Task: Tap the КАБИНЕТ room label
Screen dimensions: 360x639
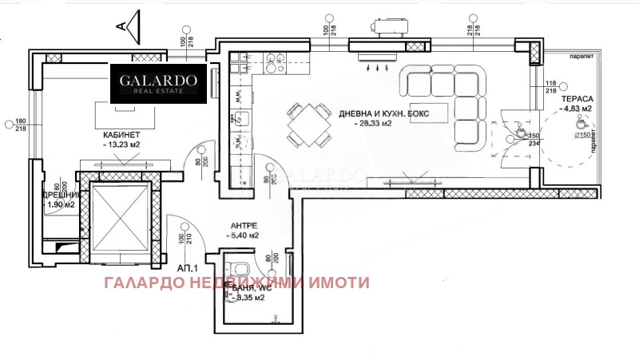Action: (122, 134)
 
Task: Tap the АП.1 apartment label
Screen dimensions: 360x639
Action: (189, 269)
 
